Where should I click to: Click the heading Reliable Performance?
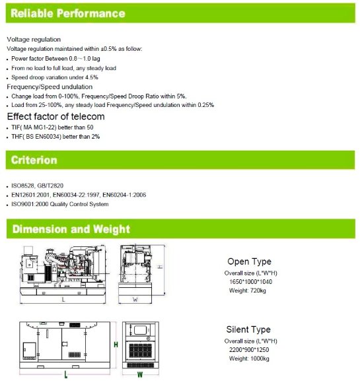[x=68, y=13]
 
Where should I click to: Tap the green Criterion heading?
[x=35, y=160]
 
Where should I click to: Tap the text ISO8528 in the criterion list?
[x=25, y=186]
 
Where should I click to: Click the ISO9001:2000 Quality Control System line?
[x=59, y=205]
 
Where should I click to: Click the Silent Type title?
[x=248, y=330]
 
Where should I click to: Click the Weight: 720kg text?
[x=248, y=291]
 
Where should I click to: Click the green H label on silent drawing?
[x=116, y=345]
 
